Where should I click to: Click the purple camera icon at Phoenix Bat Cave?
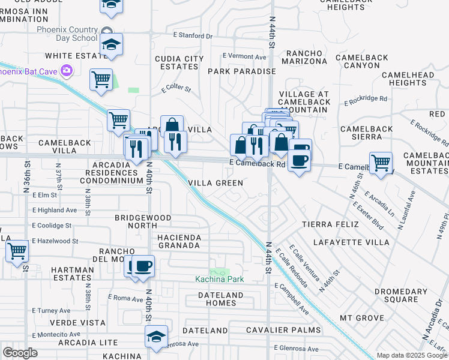point(66,71)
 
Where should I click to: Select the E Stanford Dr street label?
point(193,36)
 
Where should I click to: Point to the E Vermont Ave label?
point(244,57)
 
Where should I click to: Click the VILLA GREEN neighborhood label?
point(215,183)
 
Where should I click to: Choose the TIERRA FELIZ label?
point(330,224)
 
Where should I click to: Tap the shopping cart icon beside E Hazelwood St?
point(17,250)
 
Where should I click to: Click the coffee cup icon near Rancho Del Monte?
point(142,265)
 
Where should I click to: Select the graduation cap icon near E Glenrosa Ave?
point(156,335)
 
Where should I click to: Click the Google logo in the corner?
point(20,353)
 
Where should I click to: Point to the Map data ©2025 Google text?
point(412,355)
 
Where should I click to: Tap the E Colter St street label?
point(176,89)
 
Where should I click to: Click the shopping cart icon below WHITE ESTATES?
point(101,79)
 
